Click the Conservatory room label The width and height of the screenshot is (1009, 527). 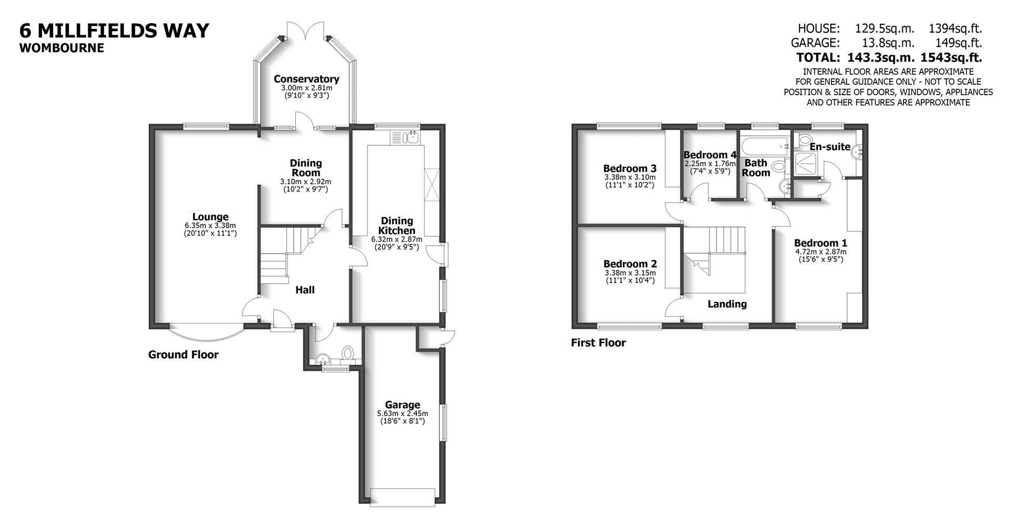point(306,79)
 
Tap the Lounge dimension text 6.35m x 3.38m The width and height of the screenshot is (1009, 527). point(210,225)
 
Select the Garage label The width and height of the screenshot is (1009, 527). point(402,404)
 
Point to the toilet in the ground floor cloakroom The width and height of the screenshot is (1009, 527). point(347,353)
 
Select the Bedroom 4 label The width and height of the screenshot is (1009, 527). point(709,155)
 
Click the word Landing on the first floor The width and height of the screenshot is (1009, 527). point(727,304)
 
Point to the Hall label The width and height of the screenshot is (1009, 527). point(305,290)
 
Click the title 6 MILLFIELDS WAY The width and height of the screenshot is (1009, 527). point(114,31)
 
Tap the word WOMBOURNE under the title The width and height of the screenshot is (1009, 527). point(61,48)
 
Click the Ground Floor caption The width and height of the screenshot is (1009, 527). point(183,354)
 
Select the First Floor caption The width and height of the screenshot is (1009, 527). point(598,343)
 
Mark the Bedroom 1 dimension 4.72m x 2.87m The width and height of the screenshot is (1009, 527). point(820,252)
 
